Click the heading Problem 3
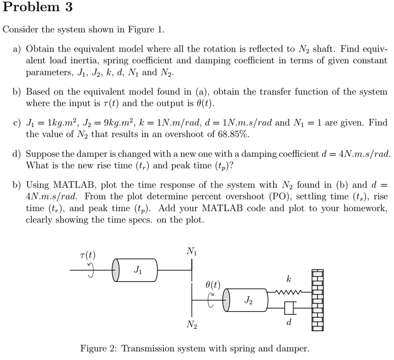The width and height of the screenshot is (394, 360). [x=37, y=7]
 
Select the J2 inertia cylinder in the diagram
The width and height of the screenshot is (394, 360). [x=247, y=300]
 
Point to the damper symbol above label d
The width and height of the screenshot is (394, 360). [x=289, y=308]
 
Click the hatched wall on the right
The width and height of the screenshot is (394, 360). [x=318, y=300]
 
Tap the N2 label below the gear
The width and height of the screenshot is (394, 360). [x=191, y=325]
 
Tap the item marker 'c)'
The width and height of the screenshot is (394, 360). [x=16, y=123]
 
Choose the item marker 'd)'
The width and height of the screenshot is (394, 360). [x=16, y=154]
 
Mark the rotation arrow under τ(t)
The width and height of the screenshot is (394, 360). [x=91, y=270]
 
